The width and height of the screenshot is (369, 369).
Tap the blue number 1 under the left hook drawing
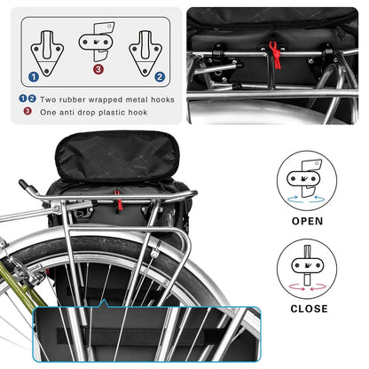33,76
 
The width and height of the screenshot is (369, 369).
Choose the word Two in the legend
48,100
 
